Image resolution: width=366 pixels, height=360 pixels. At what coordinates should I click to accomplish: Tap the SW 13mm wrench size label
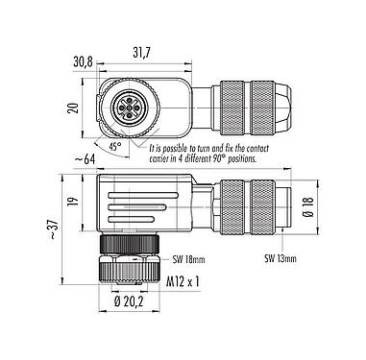click(282, 258)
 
